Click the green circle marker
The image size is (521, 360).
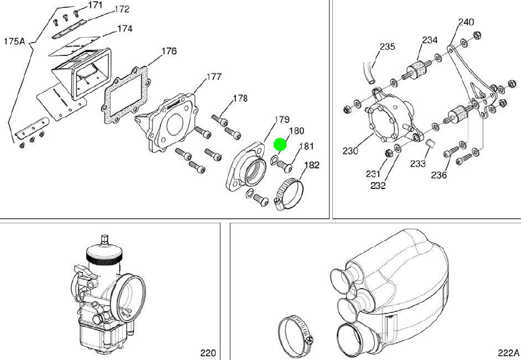click(280, 145)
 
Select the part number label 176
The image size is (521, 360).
click(169, 51)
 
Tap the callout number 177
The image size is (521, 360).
click(214, 76)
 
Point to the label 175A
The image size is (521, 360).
click(14, 41)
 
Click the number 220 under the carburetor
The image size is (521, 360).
click(208, 353)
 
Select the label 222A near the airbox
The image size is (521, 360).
click(508, 353)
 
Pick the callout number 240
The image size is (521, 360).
click(466, 22)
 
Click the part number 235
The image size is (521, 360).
click(388, 47)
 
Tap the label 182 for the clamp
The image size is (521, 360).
click(312, 165)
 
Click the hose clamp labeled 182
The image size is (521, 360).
click(289, 194)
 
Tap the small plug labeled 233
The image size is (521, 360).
click(431, 143)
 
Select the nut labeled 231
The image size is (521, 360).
click(387, 153)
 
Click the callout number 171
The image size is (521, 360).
click(96, 5)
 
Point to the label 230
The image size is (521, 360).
click(350, 151)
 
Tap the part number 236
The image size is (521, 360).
click(439, 175)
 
